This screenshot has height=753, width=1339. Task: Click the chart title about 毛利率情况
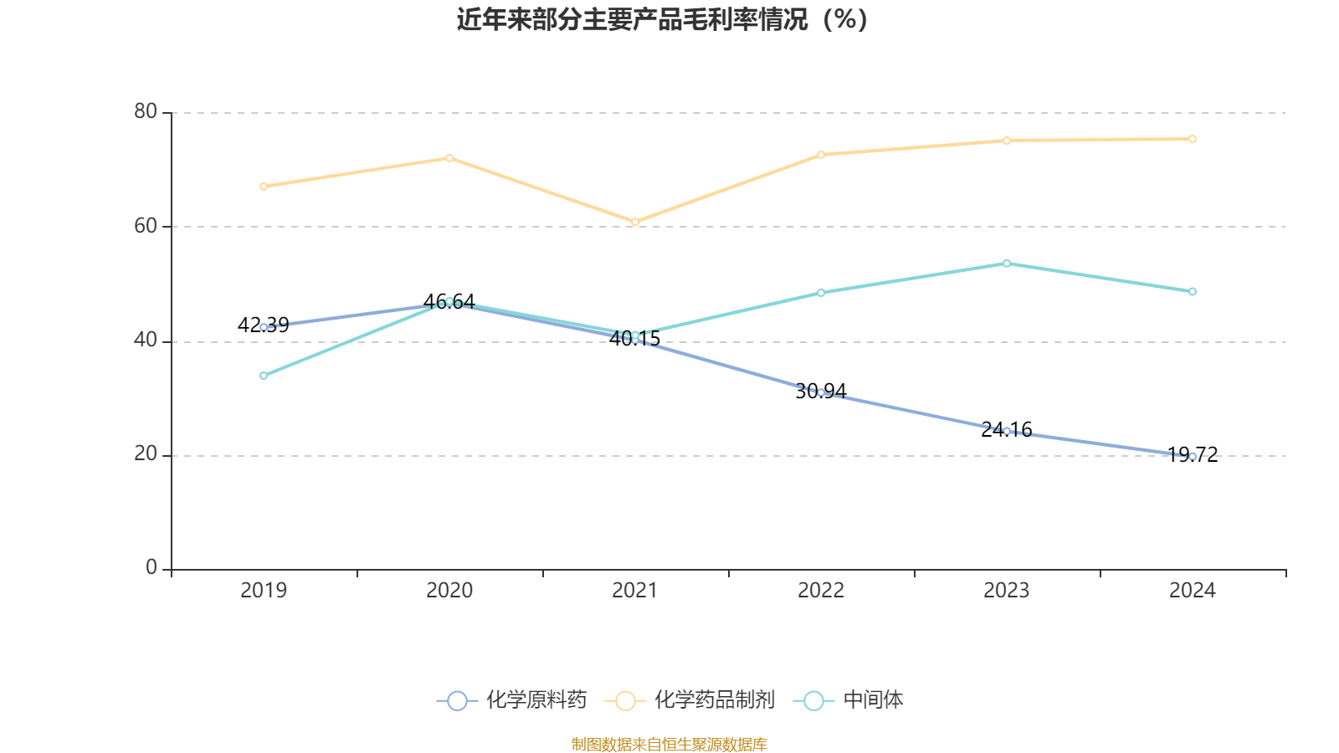662,19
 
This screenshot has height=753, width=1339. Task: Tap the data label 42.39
263,325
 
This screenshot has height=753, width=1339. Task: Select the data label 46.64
449,301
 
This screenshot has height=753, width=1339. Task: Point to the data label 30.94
821,391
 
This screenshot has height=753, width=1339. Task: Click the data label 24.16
1007,429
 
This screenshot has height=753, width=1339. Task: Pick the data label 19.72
1193,455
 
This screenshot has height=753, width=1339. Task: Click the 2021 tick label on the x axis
635,591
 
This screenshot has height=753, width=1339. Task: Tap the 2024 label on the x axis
1193,591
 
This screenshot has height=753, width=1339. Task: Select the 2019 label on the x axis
264,591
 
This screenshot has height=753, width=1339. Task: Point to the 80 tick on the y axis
146,111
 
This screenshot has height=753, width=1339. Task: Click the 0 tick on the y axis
151,567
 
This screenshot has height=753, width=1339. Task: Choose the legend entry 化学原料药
511,699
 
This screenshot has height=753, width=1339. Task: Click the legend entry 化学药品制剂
690,699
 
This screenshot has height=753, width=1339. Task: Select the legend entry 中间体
849,699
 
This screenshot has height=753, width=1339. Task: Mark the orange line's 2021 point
635,222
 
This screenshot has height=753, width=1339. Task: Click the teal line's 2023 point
1007,263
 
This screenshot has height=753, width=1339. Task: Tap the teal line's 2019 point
264,376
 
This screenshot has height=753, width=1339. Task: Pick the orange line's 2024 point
1193,139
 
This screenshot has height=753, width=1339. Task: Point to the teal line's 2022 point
821,292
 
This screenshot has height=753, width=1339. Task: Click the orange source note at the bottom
669,744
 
